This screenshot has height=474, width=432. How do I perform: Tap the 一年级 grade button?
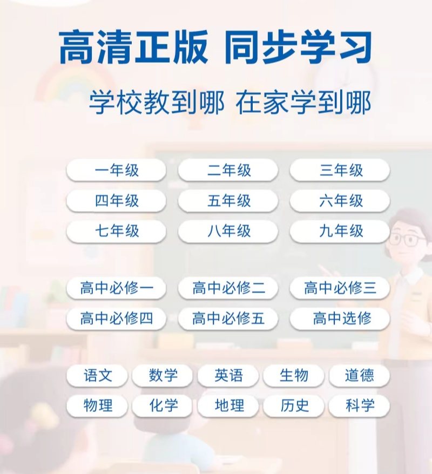tap(117, 170)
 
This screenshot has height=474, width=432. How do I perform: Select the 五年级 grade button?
tap(228, 200)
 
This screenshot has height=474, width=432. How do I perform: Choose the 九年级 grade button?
tap(340, 231)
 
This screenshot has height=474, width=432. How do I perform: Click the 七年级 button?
tap(117, 231)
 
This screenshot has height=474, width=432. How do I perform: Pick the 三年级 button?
tap(340, 170)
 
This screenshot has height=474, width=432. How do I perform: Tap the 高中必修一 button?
tap(117, 288)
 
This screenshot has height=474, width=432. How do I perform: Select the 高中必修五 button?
tap(228, 319)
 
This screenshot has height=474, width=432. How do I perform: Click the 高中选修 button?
tap(340, 319)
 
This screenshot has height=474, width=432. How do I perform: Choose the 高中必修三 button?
tap(340, 288)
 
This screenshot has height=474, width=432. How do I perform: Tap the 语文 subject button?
tap(97, 375)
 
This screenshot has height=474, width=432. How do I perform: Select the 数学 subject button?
tap(163, 375)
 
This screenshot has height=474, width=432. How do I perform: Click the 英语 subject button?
tap(228, 375)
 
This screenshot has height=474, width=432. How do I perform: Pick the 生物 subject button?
tap(294, 375)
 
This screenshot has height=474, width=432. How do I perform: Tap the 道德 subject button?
tap(360, 375)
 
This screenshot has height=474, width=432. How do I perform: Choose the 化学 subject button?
tap(163, 405)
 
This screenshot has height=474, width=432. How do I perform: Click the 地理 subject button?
tap(228, 405)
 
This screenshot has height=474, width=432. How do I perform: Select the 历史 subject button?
tap(294, 405)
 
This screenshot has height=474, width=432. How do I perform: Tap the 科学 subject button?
tap(360, 405)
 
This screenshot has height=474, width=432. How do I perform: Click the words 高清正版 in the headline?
tap(133, 47)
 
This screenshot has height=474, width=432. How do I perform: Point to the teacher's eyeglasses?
tap(407, 239)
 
